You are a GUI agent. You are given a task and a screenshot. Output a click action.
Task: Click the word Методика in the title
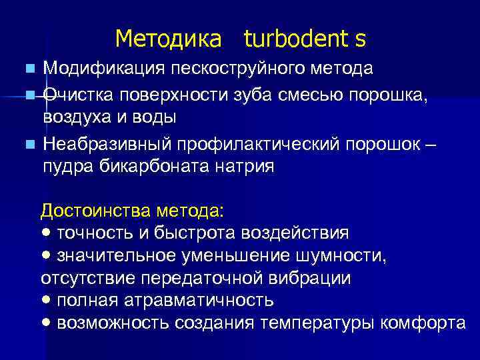pyautogui.click(x=167, y=39)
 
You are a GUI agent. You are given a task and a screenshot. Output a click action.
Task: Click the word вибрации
pyautogui.click(x=313, y=277)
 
